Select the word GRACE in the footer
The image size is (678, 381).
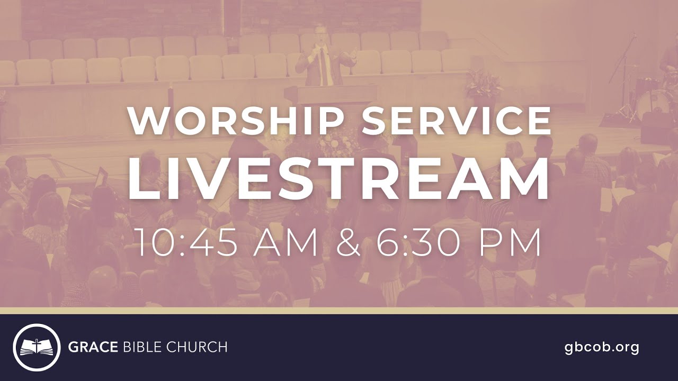93,347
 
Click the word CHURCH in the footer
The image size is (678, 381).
197,347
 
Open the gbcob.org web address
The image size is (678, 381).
602,347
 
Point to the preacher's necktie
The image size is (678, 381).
323,66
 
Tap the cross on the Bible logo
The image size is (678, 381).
37,344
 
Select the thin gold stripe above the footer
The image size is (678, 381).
339,311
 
